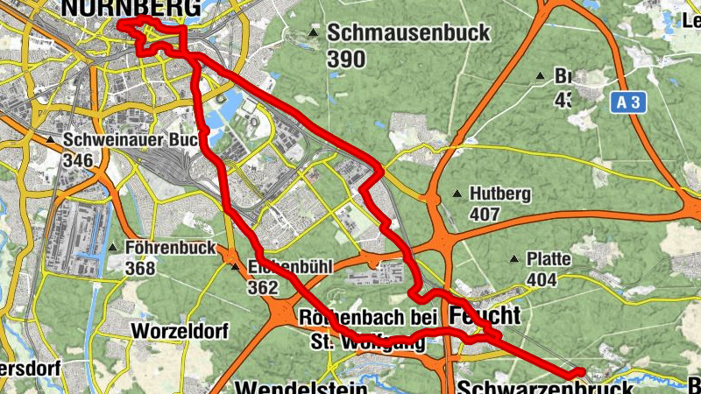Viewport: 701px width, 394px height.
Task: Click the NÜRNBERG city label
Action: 131,8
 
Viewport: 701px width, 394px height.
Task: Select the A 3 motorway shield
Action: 627,102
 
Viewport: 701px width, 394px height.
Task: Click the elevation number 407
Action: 485,215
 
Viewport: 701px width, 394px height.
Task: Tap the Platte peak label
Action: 549,259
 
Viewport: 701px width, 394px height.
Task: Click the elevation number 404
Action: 542,279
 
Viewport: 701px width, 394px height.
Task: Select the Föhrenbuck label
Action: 170,248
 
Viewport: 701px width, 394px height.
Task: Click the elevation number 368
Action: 140,268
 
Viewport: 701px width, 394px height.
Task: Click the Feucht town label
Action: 485,314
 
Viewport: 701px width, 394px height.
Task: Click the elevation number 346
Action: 80,160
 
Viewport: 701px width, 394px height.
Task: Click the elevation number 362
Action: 263,287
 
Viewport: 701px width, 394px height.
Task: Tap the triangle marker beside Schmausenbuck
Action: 314,34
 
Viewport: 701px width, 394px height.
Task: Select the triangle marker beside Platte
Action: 514,259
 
